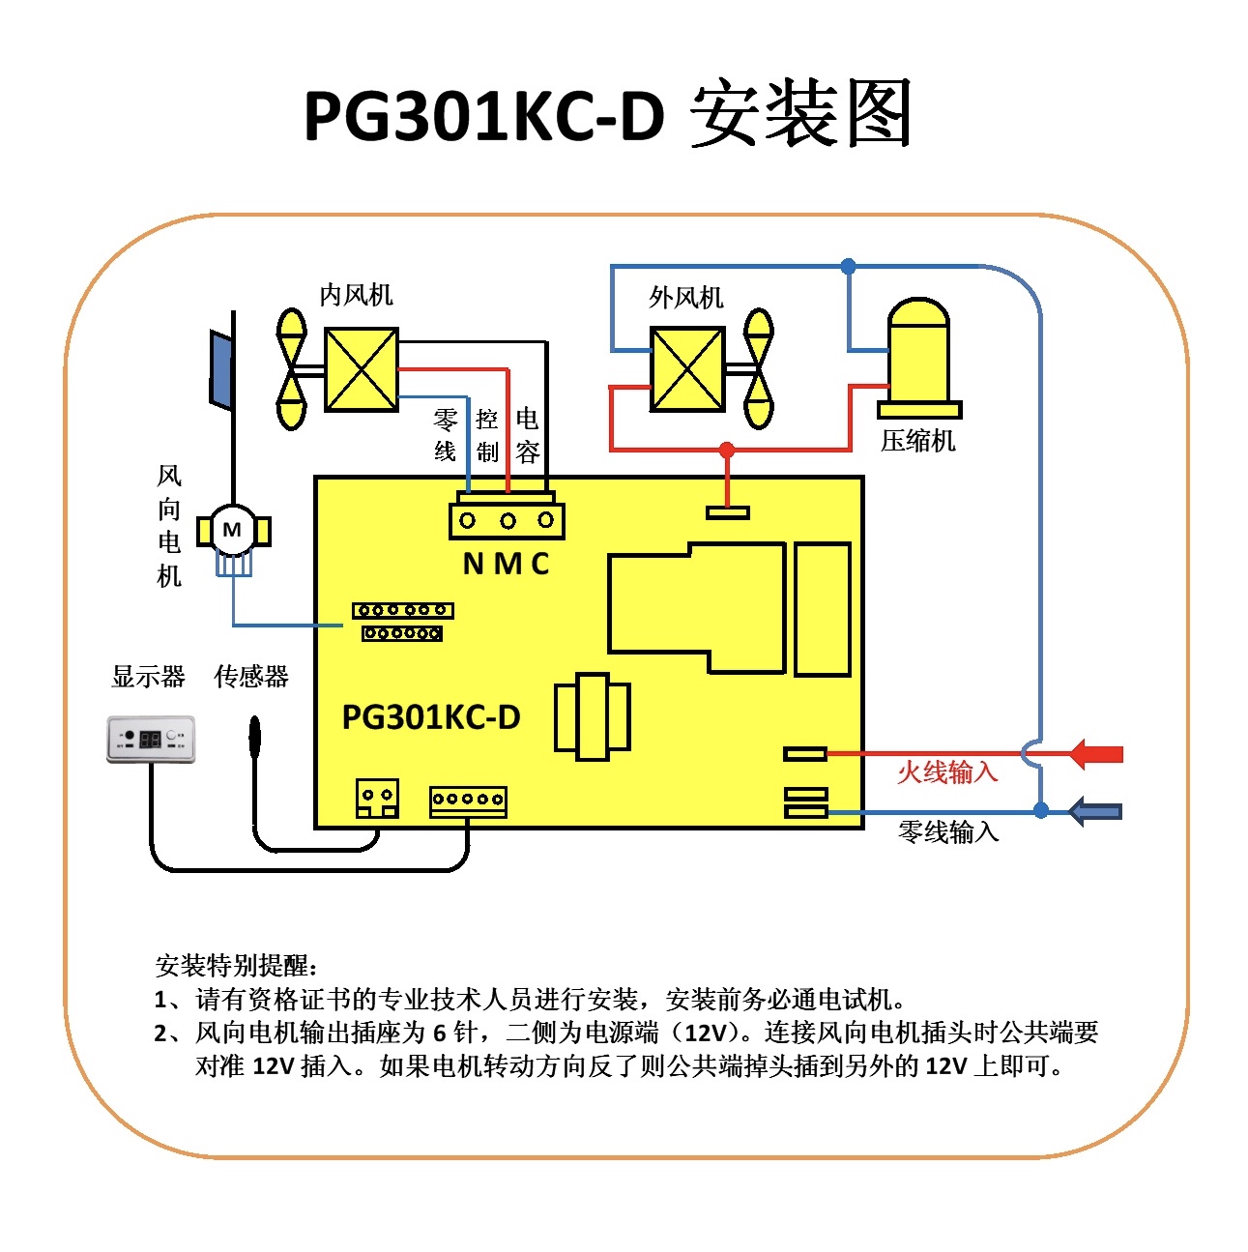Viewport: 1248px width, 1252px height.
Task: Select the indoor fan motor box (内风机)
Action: tap(361, 369)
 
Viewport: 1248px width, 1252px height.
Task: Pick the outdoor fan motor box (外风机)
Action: tap(687, 369)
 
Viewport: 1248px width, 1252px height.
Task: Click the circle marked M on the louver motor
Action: tap(232, 530)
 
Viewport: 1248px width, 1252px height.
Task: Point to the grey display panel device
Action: tap(151, 739)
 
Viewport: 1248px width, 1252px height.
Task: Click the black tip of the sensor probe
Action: tap(254, 735)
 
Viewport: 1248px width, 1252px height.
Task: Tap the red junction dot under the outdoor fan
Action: tap(727, 450)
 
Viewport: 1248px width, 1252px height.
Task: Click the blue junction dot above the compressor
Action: tap(848, 266)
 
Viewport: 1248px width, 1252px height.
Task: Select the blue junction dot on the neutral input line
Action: tap(1041, 810)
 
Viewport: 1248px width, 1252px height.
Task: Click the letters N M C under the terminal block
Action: tap(506, 564)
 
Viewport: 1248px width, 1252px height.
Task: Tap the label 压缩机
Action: tap(917, 441)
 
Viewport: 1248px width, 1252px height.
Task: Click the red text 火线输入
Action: tap(946, 772)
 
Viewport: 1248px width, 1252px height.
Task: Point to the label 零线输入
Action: tap(947, 831)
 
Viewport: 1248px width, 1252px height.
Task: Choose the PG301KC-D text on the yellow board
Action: tap(431, 717)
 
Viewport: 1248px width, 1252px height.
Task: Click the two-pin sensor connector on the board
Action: tap(377, 798)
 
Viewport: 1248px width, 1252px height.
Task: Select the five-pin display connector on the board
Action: tap(468, 801)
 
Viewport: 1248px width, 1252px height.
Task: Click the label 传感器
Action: tap(251, 677)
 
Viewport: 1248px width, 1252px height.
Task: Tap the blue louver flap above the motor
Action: tap(220, 367)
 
